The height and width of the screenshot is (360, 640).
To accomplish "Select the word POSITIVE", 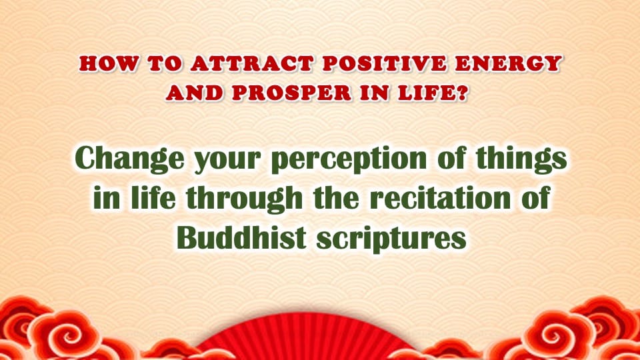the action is click(384, 64).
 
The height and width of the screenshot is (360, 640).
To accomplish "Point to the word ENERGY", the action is click(508, 64).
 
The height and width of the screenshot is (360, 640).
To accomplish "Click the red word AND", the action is click(195, 93).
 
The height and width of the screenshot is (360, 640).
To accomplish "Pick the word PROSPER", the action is click(291, 93).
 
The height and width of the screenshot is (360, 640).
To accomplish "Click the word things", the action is click(521, 159).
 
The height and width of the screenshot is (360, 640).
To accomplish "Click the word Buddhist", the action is click(241, 237).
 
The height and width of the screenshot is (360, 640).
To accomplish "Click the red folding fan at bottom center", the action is click(304, 339).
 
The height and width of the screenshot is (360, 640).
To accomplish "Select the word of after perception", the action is click(451, 158).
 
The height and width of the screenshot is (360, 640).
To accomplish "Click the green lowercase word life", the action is click(153, 197).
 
